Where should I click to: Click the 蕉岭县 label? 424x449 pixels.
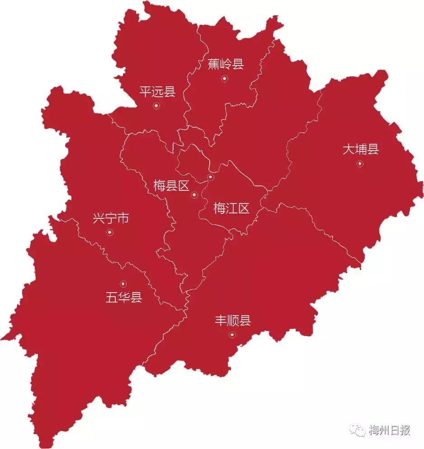coord(226,65)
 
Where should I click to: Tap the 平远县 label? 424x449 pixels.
coord(157,92)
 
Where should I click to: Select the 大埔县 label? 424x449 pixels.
coord(360,150)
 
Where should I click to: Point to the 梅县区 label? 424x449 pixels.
coord(171,186)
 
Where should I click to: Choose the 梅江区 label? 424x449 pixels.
coord(231,208)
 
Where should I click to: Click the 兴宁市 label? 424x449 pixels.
coord(111,219)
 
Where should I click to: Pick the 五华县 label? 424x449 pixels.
coord(123,298)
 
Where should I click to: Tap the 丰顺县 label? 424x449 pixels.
coord(232,321)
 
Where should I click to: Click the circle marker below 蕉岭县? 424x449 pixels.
coord(224,79)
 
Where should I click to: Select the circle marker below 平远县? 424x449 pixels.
coord(156,106)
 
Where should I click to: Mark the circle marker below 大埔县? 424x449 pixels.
coord(360,164)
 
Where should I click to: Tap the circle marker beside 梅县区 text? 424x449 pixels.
coord(194,195)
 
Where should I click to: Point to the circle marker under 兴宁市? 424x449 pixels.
coord(109,232)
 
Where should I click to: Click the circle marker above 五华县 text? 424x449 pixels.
coord(123,284)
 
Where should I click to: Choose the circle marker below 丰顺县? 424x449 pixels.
coord(232,335)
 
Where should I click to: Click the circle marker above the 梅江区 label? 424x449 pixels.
coord(210,177)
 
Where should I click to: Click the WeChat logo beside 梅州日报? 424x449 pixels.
coord(360,430)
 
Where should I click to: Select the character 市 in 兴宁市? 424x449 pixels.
coord(123,219)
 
